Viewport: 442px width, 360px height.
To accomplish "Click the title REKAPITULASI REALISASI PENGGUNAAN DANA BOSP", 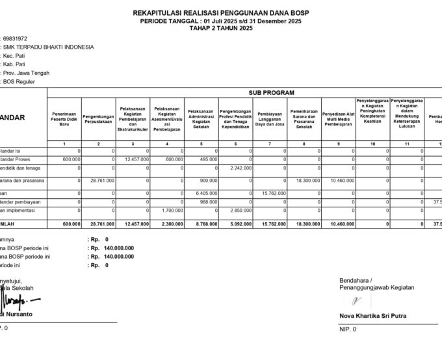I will click(220, 12).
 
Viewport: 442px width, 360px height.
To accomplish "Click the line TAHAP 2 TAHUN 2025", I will click(220, 28).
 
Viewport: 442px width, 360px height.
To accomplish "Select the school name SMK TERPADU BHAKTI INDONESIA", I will click(49, 47).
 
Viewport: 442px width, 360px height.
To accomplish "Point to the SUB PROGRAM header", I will click(266, 93).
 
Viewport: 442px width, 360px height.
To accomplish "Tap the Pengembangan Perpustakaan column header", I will click(98, 118).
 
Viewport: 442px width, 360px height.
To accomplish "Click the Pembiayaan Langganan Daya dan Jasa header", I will click(270, 118).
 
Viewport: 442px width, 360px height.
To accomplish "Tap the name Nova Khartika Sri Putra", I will click(372, 316).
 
